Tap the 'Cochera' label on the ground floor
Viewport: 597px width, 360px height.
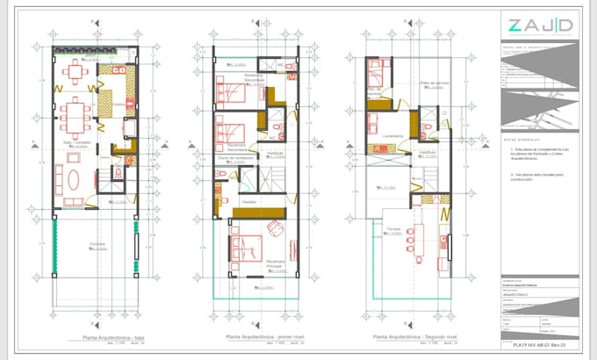(97, 244)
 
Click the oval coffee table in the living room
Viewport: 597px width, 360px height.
(74, 179)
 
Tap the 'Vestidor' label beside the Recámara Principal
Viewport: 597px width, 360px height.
(249, 201)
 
